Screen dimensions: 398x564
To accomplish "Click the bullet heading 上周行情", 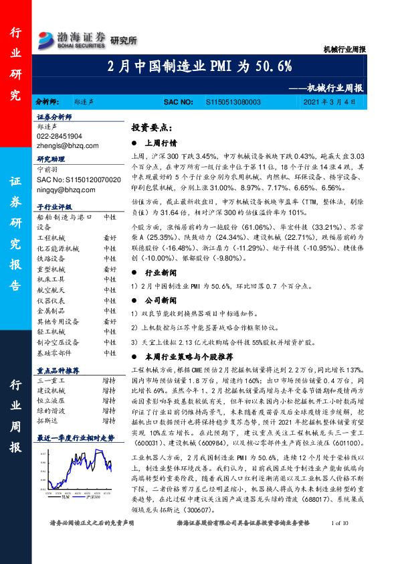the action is pos(161,143).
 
